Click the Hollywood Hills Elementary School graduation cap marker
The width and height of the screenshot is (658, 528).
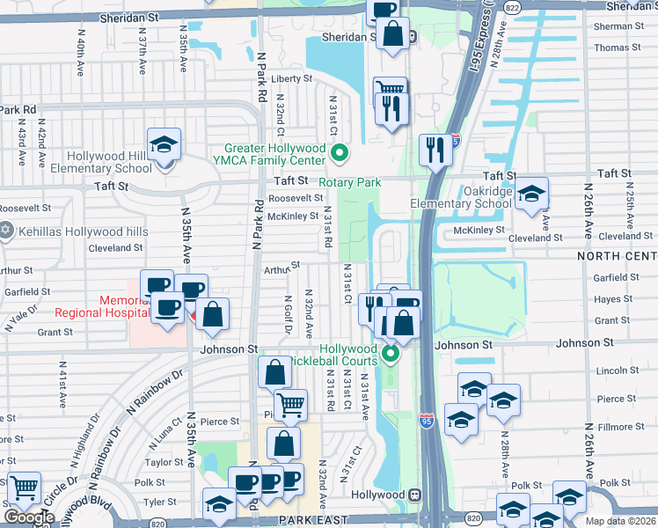(164, 144)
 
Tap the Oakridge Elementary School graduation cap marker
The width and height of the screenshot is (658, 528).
(531, 194)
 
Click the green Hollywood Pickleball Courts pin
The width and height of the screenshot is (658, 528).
(391, 355)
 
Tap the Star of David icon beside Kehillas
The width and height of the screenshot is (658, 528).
(7, 231)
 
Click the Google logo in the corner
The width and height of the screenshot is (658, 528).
(29, 517)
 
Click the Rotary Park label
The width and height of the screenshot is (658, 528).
(349, 182)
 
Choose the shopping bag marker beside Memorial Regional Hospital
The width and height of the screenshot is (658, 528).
(212, 314)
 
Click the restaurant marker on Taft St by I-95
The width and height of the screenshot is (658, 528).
(435, 150)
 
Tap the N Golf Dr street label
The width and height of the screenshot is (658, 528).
(288, 315)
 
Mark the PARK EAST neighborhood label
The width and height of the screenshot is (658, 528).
(303, 521)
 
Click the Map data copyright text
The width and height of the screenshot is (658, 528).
(620, 521)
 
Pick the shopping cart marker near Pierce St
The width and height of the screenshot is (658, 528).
(290, 406)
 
